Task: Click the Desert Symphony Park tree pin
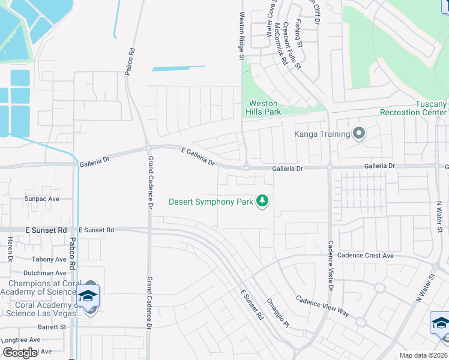click(262, 201)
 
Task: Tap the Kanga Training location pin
click(359, 133)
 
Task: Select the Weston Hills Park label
click(263, 107)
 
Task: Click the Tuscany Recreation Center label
click(414, 108)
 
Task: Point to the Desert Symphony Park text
click(211, 202)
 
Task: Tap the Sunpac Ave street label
click(41, 199)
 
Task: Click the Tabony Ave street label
click(49, 259)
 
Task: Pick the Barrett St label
click(51, 327)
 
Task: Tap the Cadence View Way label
click(322, 305)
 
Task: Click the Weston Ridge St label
click(242, 36)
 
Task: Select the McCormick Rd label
click(279, 45)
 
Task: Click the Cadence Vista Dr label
click(330, 266)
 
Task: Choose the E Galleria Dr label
click(198, 157)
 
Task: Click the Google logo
click(20, 353)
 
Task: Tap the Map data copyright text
click(424, 355)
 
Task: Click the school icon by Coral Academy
click(88, 296)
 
